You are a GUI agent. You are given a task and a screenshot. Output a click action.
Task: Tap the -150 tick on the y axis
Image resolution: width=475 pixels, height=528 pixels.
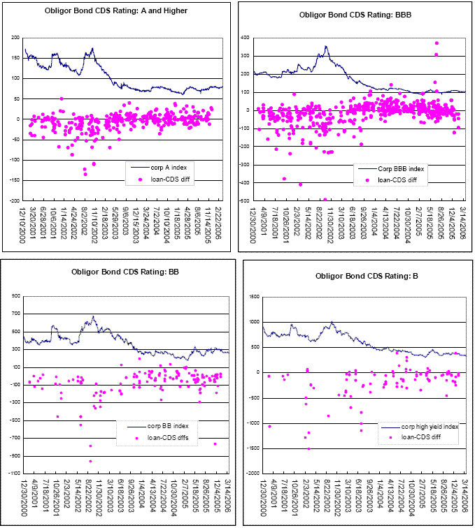[x=13, y=180]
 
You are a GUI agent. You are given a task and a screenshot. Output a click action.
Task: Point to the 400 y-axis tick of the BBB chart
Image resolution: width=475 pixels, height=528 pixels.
[x=246, y=37]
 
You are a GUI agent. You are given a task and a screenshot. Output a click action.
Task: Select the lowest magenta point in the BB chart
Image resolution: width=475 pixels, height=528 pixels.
[x=90, y=461]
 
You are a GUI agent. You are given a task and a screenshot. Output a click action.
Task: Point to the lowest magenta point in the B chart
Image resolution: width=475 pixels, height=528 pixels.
[x=309, y=448]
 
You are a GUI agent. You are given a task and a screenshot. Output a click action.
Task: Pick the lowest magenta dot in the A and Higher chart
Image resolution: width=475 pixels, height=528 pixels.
[x=85, y=174]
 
